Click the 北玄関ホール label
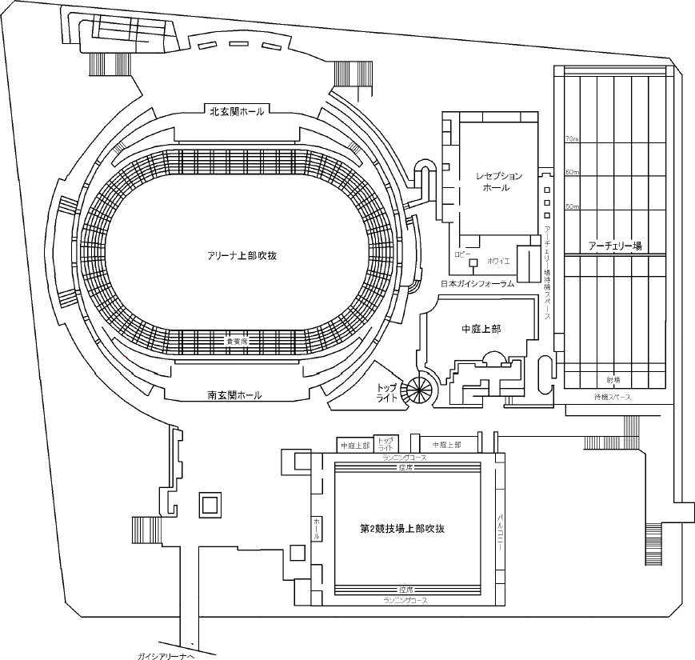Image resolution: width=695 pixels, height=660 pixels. (x=237, y=112)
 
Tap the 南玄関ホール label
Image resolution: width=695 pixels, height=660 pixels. (x=234, y=395)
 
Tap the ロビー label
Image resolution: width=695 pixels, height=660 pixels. (x=462, y=253)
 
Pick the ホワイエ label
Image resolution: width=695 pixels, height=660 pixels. (x=497, y=261)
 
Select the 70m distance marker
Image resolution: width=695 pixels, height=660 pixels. (x=571, y=139)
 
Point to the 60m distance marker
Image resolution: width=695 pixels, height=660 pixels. (x=571, y=172)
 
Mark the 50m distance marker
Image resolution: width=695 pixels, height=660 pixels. (x=571, y=206)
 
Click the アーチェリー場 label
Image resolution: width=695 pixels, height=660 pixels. (x=615, y=246)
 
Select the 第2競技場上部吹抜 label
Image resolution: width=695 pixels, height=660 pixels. (x=402, y=529)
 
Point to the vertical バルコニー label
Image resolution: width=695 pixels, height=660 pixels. (x=500, y=528)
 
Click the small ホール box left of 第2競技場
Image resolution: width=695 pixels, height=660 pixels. (x=317, y=529)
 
